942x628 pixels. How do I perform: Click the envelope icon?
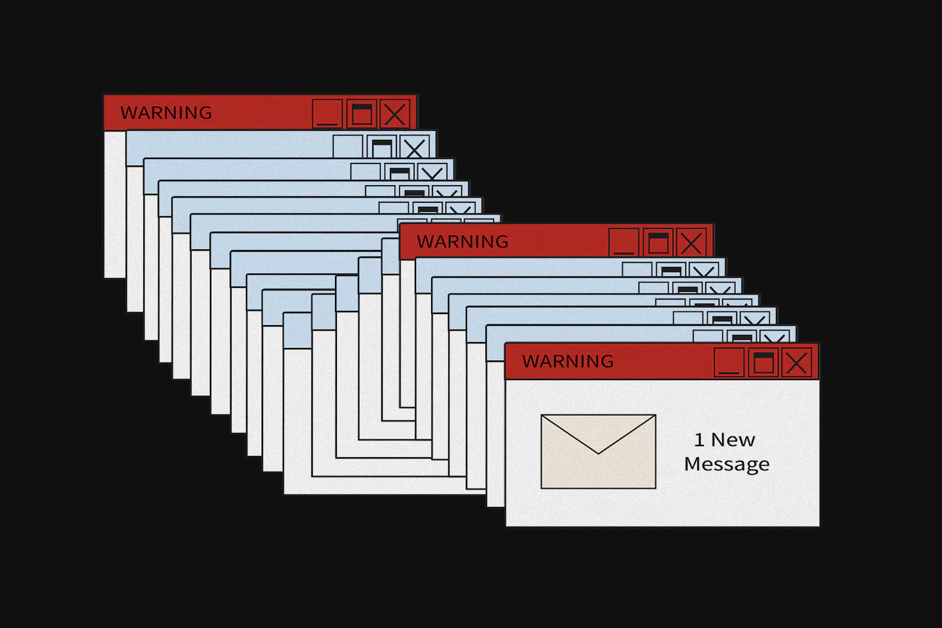[x=598, y=451]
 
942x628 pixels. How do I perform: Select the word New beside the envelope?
[x=733, y=440]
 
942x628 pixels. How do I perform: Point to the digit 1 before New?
[x=699, y=440]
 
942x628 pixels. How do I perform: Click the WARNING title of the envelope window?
[x=568, y=361]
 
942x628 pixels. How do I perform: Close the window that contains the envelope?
[x=797, y=362]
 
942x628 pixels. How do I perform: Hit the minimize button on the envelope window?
[x=729, y=362]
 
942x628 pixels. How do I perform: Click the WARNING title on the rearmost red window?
[x=166, y=113]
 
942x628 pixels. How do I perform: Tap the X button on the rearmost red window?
[x=395, y=114]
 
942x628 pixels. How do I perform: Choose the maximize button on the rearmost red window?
[x=362, y=114]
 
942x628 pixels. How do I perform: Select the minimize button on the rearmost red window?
[x=328, y=114]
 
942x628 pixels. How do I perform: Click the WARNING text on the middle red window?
[x=462, y=241]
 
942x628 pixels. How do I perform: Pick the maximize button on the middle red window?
[x=658, y=242]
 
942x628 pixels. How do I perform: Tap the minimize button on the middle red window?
[x=624, y=242]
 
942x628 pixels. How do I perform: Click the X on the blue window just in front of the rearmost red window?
[x=415, y=147]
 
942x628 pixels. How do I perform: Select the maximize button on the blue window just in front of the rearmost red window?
[x=381, y=147]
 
